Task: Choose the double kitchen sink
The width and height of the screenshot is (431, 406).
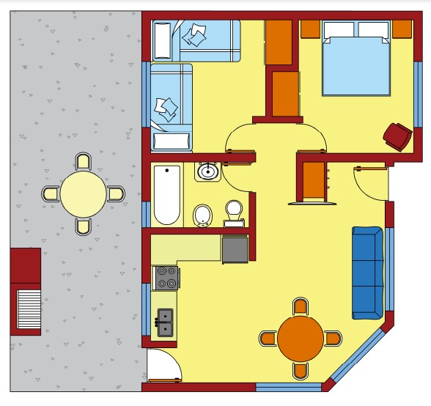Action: click(166, 317)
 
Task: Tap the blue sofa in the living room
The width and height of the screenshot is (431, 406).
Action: click(366, 272)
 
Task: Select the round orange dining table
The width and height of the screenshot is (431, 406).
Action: click(300, 338)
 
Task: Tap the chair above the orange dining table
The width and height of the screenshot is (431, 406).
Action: click(300, 306)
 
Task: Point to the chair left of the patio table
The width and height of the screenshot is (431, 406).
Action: click(50, 193)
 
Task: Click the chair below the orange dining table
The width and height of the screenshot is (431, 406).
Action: click(300, 370)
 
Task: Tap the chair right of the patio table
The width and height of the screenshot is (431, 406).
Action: click(116, 193)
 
